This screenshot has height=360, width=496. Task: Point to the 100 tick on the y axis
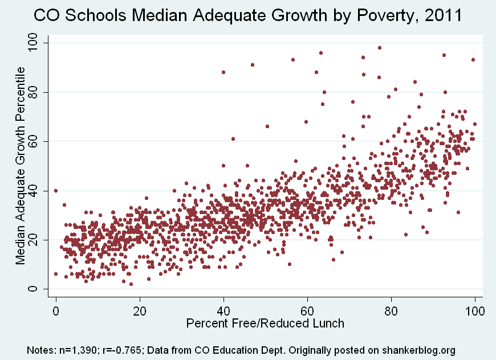tap(39, 43)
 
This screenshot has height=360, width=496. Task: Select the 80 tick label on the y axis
tap(39, 92)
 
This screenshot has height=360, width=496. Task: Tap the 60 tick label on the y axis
tap(39, 141)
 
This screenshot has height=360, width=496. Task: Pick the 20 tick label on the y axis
tap(39, 240)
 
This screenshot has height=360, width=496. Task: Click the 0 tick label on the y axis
tap(39, 289)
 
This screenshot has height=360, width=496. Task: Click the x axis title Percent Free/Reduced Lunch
tap(265, 324)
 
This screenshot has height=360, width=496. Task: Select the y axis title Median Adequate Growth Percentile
tap(21, 166)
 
